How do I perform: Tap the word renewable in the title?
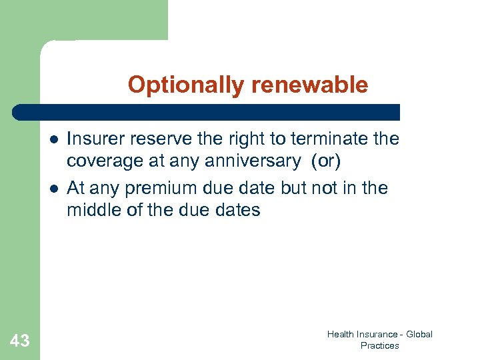tap(309, 85)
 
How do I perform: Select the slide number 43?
tap(20, 341)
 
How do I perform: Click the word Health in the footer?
tap(340, 335)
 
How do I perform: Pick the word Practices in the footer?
tap(379, 345)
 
